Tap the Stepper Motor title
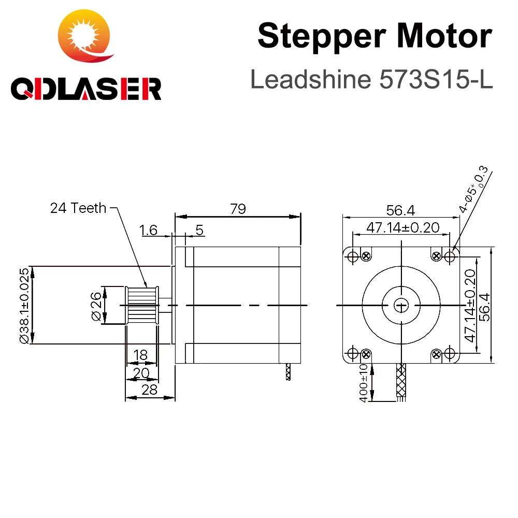(x=374, y=36)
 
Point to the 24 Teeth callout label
(x=78, y=208)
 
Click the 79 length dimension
(x=238, y=209)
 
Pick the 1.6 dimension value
(x=149, y=230)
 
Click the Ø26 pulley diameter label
(x=96, y=306)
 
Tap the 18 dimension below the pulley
(x=140, y=355)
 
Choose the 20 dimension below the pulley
(x=141, y=373)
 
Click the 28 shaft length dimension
(x=149, y=390)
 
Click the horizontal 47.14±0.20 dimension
(x=402, y=227)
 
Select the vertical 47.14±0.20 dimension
(x=470, y=305)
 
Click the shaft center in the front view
(x=400, y=305)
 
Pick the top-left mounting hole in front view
(x=352, y=256)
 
